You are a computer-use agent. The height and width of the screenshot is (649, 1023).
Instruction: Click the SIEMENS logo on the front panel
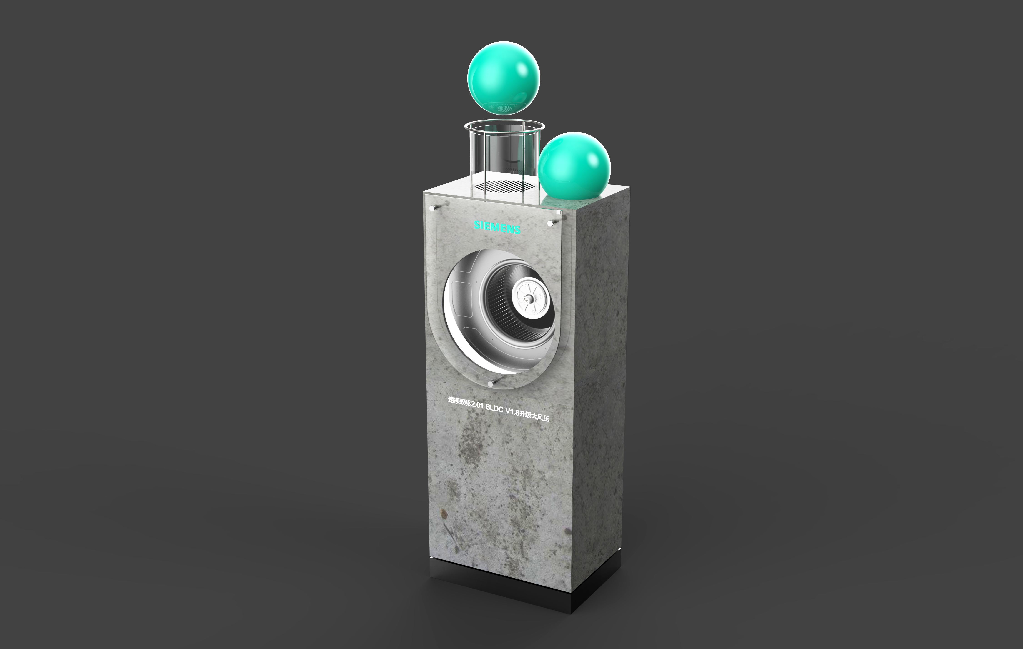[x=497, y=227]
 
